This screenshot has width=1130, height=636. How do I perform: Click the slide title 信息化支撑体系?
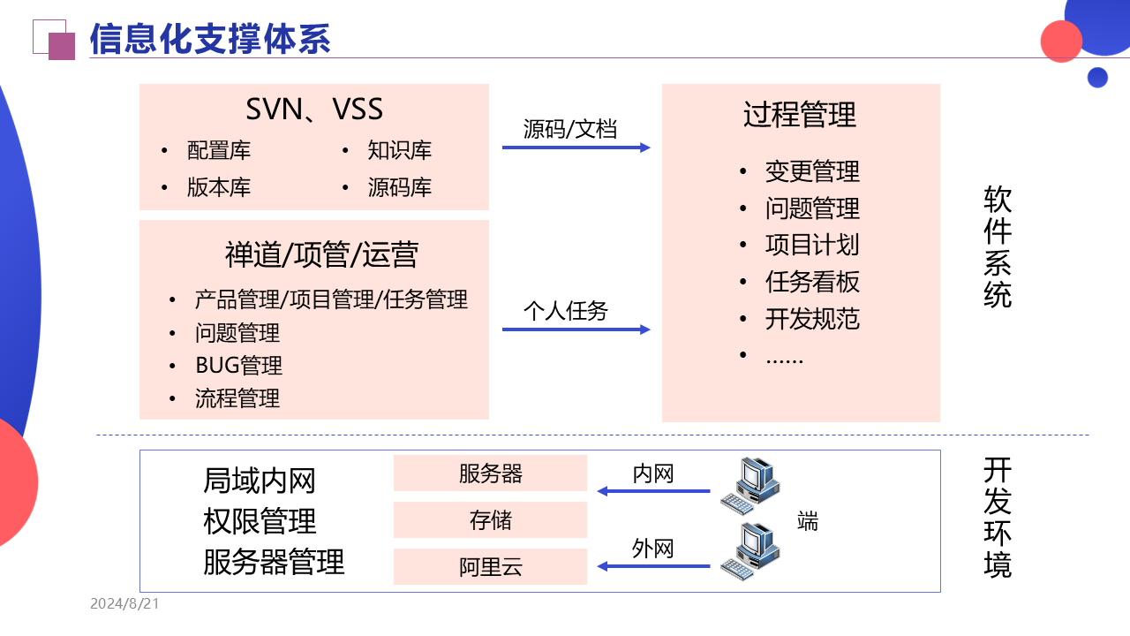[210, 40]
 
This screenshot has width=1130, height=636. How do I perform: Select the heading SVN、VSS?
[314, 110]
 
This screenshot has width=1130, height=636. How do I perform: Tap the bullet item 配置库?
[219, 151]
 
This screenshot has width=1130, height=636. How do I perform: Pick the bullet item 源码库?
[399, 187]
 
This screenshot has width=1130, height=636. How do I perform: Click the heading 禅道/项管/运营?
[321, 255]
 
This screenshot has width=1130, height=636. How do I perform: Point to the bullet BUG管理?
[238, 366]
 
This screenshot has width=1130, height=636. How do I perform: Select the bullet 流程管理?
[237, 398]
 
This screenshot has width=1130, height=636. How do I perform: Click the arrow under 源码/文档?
[576, 148]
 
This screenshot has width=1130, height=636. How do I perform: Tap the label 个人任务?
[566, 311]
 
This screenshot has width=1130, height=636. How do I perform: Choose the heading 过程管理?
[800, 115]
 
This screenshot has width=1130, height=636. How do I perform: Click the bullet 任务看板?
[812, 282]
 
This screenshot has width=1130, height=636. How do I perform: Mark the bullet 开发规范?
[812, 319]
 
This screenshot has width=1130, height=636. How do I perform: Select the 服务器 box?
[490, 473]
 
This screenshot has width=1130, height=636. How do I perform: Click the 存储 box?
[490, 520]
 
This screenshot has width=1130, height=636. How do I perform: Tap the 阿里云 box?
[490, 567]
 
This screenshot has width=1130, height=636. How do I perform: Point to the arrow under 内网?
[653, 491]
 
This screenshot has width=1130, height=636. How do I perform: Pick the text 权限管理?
[260, 521]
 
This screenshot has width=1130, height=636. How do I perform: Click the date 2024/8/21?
[124, 604]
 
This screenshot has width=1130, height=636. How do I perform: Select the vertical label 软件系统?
[998, 246]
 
